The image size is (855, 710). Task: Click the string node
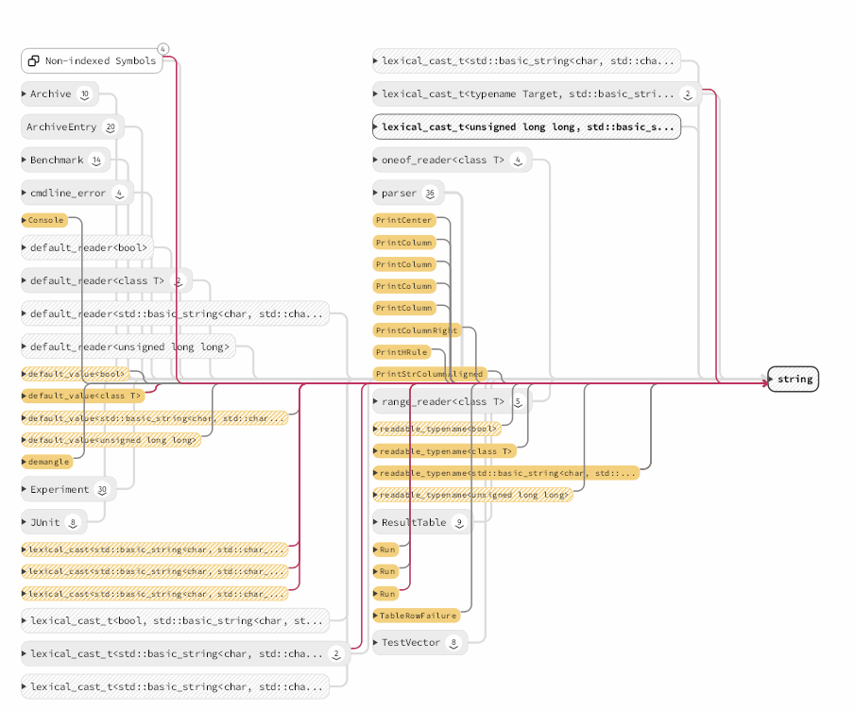tap(794, 380)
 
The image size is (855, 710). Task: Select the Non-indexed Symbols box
tap(92, 61)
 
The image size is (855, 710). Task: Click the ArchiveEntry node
tap(61, 127)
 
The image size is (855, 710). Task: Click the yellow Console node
tap(45, 220)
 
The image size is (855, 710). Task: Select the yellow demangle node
tap(47, 462)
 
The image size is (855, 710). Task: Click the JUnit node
tap(47, 521)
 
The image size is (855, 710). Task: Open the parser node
tap(399, 194)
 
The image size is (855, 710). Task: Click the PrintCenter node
tap(404, 220)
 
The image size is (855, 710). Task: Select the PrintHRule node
tap(402, 352)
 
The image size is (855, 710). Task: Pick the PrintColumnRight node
tap(417, 330)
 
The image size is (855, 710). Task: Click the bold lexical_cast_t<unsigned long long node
tap(526, 127)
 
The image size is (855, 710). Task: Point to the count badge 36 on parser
tap(431, 194)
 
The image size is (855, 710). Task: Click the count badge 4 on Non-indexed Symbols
tap(163, 49)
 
